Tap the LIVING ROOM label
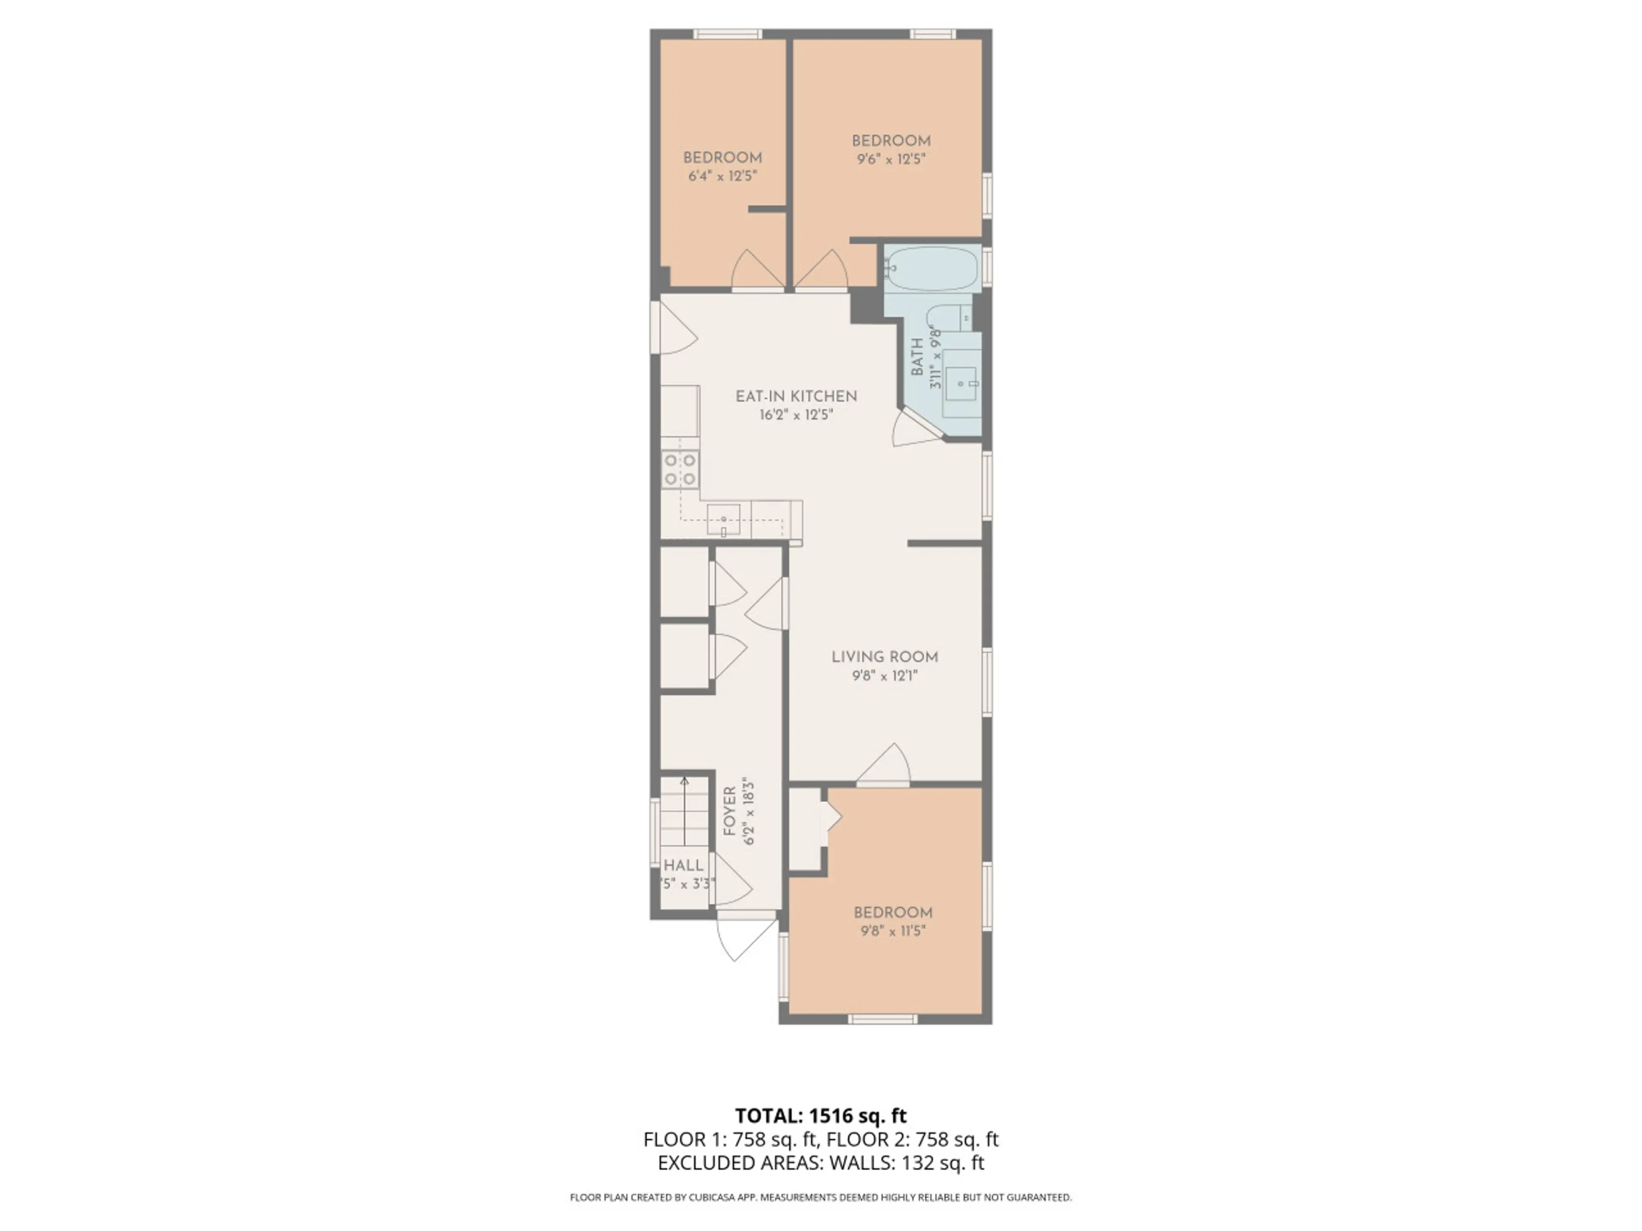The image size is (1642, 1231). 884,657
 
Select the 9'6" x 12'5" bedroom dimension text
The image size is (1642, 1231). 891,159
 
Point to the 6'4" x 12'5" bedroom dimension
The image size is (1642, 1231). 722,176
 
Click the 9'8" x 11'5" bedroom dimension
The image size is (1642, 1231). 893,931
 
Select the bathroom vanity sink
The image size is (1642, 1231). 962,384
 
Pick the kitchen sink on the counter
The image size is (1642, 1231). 723,519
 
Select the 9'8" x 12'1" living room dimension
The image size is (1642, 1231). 885,675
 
